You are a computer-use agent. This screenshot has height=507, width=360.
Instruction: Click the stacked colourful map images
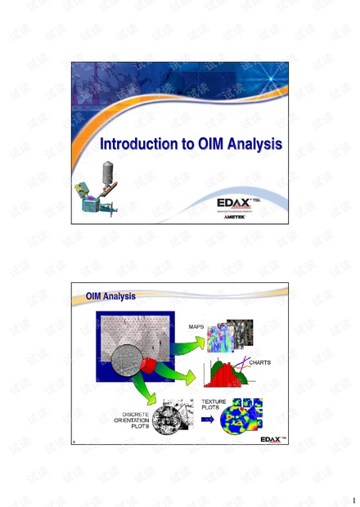pyautogui.click(x=231, y=333)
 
